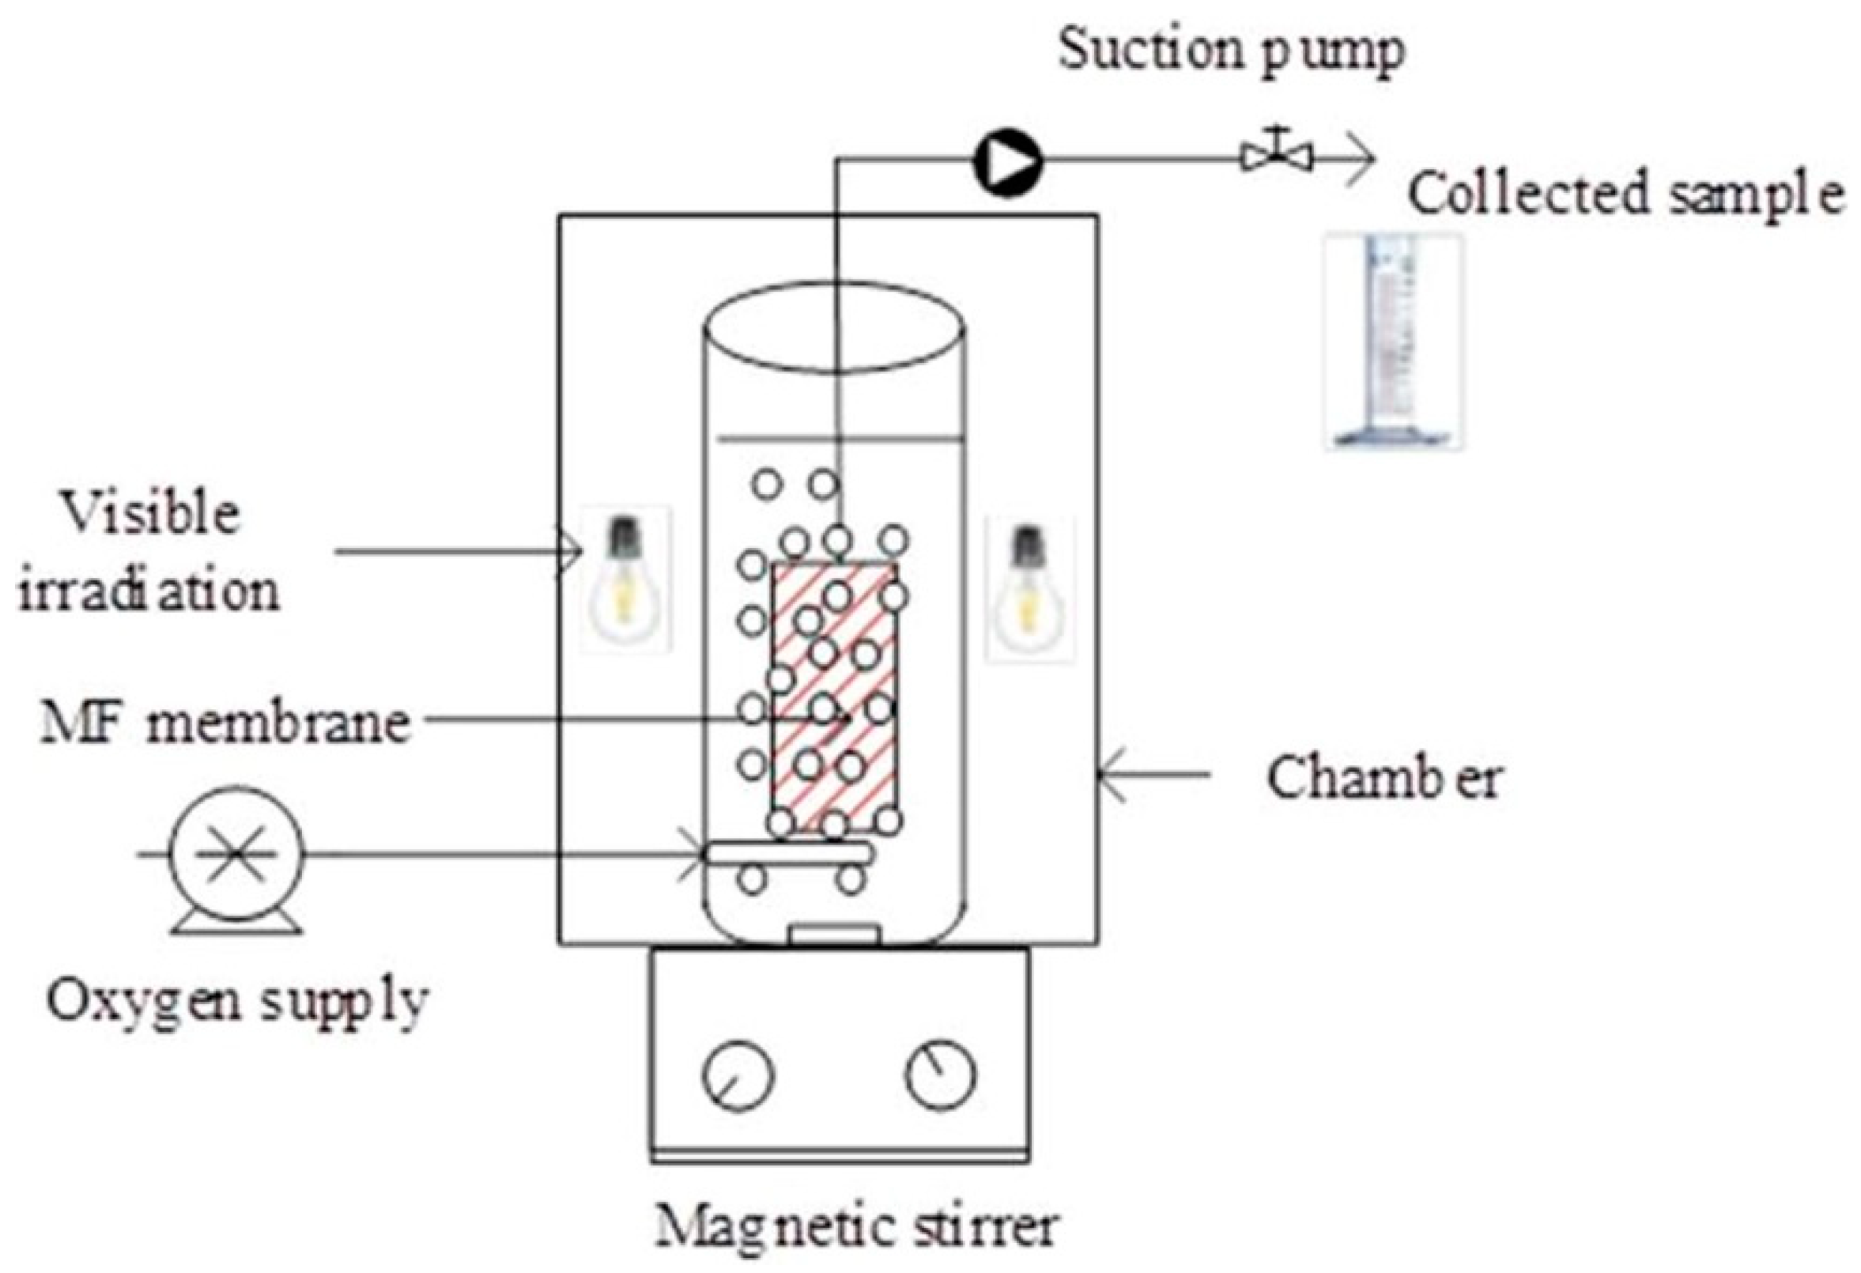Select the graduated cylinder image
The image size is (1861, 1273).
(x=1394, y=340)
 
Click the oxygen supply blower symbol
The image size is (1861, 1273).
(x=236, y=855)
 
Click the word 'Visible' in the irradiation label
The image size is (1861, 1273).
(x=151, y=513)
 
